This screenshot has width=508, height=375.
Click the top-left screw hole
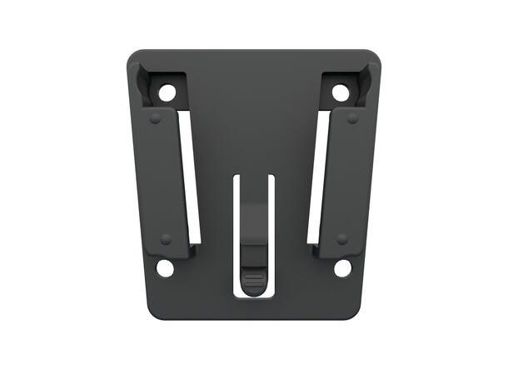(167, 92)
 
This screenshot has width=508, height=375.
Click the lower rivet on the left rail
(166, 239)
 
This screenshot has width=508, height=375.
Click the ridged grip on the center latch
(253, 277)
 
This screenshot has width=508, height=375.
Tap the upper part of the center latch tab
(253, 242)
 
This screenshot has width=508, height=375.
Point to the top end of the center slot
(253, 178)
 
